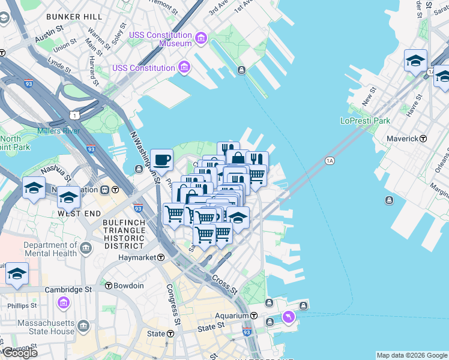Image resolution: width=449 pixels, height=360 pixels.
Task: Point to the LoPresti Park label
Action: click(365, 121)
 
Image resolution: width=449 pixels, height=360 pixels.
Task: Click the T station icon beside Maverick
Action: click(423, 139)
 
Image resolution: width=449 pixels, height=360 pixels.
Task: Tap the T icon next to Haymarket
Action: click(161, 257)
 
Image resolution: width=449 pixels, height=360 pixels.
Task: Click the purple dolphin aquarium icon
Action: click(289, 317)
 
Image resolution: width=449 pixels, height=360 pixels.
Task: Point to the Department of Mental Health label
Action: click(50, 249)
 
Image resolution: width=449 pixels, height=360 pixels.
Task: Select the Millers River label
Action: click(58, 131)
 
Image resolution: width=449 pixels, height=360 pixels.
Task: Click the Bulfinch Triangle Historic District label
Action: click(124, 234)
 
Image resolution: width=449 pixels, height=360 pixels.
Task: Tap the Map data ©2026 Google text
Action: click(412, 355)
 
